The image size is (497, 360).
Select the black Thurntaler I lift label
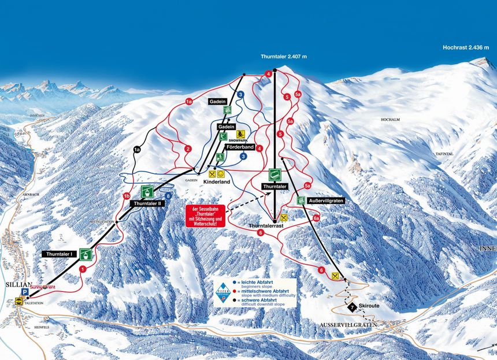(x=60, y=254)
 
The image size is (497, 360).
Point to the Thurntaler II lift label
(x=146, y=203)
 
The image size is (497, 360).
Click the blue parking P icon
(x=25, y=292)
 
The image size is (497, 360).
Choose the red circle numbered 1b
(x=127, y=196)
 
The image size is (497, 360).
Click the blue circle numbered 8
(x=168, y=196)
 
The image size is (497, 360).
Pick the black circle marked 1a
(x=137, y=150)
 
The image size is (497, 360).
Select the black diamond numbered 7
(x=353, y=306)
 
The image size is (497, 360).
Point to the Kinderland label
(x=217, y=182)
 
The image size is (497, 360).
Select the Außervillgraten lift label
(x=327, y=200)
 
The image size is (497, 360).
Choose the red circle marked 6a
(x=316, y=218)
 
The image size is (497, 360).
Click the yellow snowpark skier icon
(x=241, y=133)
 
